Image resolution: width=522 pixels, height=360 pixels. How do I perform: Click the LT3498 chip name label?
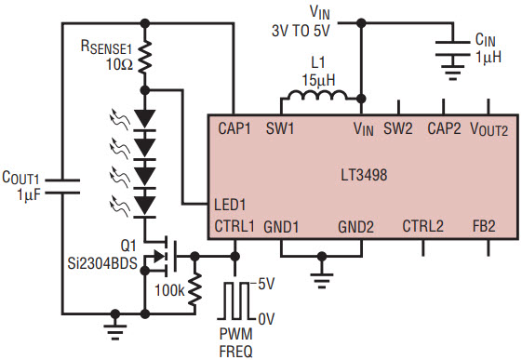coord(364,175)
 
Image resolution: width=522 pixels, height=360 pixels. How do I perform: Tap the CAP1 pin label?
coord(234,128)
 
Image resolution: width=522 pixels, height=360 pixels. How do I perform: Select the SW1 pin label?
coord(280,128)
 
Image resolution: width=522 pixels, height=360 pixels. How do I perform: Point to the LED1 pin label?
coord(230,205)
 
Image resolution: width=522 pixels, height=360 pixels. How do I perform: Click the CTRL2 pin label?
coord(422,226)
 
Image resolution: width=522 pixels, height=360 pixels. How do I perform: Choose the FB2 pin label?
coord(484,226)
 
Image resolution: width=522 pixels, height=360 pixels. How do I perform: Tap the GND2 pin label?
coord(355,227)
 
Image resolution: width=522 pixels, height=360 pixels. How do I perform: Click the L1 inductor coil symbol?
coord(317,95)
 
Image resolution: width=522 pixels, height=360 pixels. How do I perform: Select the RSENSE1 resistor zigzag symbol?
coord(144,57)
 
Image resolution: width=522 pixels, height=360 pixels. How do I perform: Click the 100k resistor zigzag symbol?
coord(194,289)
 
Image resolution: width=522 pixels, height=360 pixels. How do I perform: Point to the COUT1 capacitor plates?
coord(62,186)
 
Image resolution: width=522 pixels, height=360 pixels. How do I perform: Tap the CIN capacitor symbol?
coord(452,48)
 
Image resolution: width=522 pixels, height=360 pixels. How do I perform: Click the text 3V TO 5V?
coord(301,32)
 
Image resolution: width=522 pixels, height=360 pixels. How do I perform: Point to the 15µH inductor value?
coord(318,80)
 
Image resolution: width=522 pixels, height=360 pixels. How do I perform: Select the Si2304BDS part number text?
coord(102,264)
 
